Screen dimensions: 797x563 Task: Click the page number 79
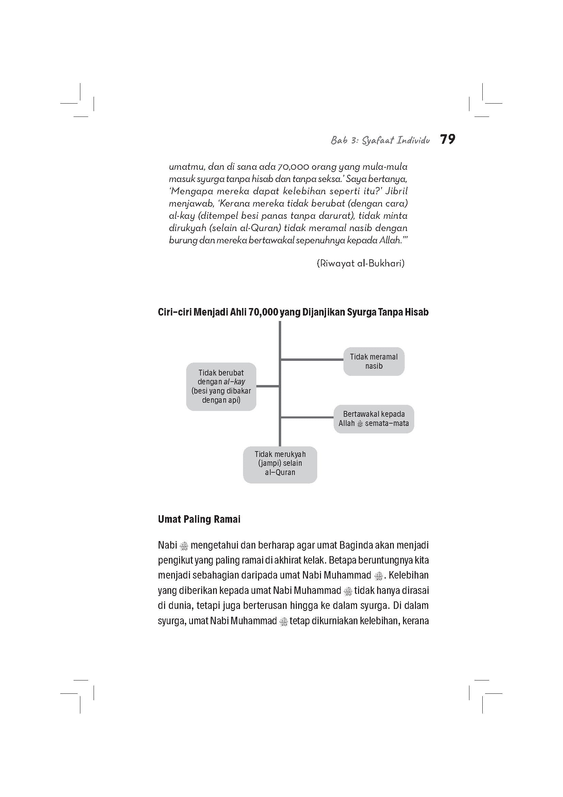click(448, 140)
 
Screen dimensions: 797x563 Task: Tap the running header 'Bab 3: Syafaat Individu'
click(380, 140)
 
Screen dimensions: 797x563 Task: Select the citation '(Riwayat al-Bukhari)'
click(360, 263)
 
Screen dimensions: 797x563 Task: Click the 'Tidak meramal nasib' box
click(374, 361)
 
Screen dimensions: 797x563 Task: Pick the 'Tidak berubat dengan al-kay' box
click(221, 386)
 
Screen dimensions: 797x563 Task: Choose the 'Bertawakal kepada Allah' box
click(374, 419)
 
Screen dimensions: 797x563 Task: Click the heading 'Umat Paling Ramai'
click(199, 519)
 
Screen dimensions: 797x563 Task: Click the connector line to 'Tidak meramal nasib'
click(312, 359)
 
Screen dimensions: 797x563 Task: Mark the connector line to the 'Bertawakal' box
click(307, 417)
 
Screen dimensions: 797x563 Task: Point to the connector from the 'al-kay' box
click(268, 386)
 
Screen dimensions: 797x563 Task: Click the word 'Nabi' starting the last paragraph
click(167, 545)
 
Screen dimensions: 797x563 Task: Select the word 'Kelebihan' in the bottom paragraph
click(408, 575)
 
